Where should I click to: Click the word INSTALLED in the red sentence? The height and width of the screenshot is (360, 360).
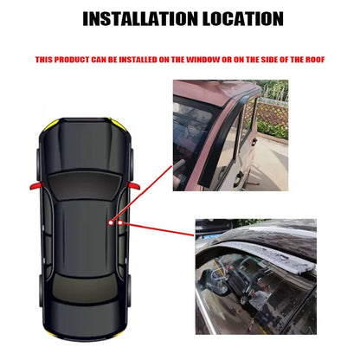(149, 60)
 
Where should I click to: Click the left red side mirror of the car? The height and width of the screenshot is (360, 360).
(36, 184)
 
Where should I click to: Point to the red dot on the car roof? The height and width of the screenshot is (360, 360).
(112, 222)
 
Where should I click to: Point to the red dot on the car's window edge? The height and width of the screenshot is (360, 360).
(121, 224)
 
